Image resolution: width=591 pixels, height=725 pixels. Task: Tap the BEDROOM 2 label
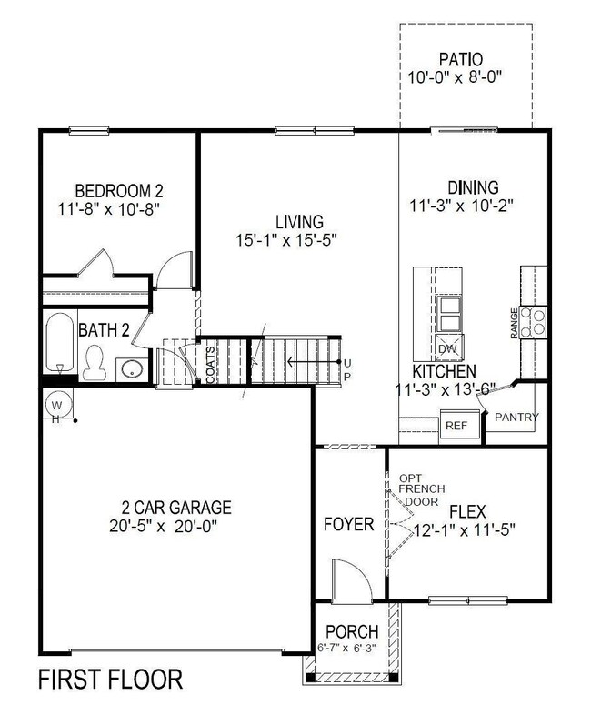tap(119, 191)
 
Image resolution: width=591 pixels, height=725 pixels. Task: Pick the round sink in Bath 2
tap(129, 369)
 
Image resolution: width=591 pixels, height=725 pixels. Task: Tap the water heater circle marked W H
tap(55, 404)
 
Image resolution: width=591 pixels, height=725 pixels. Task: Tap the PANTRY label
tap(516, 418)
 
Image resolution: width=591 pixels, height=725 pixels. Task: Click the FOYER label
tap(349, 525)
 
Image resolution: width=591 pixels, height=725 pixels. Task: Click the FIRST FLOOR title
tap(109, 679)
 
